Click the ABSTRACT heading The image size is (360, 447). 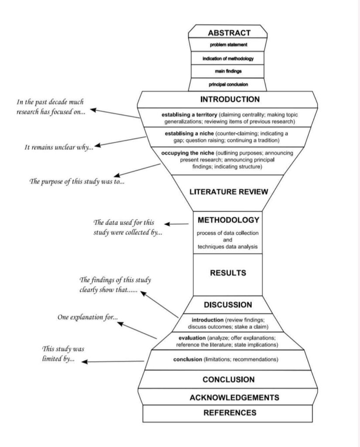click(x=229, y=32)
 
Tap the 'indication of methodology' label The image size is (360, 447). click(x=228, y=58)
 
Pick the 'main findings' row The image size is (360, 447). click(x=228, y=71)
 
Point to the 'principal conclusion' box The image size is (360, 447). click(x=228, y=84)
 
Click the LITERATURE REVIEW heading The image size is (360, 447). click(x=228, y=191)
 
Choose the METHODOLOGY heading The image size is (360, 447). click(x=228, y=220)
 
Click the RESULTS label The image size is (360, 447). click(x=228, y=273)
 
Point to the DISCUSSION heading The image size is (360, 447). click(x=228, y=304)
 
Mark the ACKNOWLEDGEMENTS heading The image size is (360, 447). click(x=228, y=398)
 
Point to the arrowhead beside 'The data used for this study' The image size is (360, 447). click(x=167, y=224)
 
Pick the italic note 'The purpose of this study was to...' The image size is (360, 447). click(x=76, y=181)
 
